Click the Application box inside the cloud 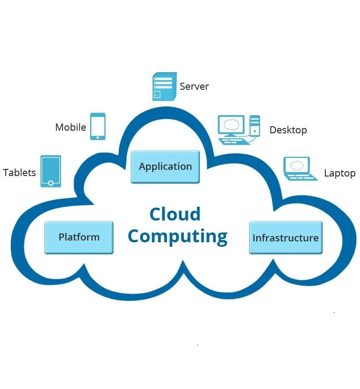click(x=165, y=167)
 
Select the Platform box click(x=79, y=237)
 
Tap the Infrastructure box click(x=285, y=238)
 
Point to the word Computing click(x=178, y=236)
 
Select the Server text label click(x=194, y=86)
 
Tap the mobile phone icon click(x=98, y=126)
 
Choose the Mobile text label click(x=70, y=127)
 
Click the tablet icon click(x=51, y=171)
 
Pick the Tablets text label click(x=19, y=172)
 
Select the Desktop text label click(x=288, y=130)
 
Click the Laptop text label click(x=340, y=173)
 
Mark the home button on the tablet click(x=51, y=183)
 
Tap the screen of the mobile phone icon click(x=98, y=125)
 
